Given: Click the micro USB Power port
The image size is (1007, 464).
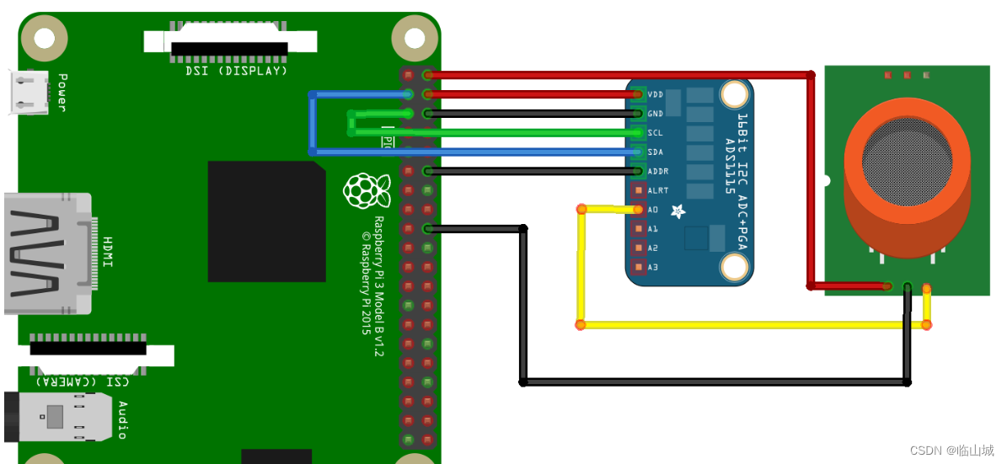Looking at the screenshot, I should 26,92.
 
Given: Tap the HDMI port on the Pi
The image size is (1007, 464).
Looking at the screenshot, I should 46,253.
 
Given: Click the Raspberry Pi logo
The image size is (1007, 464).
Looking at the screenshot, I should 367,190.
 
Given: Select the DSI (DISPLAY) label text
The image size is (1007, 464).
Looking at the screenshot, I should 237,71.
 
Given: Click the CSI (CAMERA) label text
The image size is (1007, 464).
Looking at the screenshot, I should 81,381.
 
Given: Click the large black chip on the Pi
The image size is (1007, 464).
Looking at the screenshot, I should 266,221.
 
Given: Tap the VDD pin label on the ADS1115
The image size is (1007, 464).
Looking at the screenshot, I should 656,94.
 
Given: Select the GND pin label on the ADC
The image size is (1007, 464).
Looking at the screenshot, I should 656,114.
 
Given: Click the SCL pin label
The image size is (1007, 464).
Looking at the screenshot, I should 656,133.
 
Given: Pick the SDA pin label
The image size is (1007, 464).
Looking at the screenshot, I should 656,152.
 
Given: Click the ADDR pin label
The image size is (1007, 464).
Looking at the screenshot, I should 657,171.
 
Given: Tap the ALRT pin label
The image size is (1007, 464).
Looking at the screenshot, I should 657,190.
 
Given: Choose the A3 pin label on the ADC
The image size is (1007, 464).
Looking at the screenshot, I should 652,267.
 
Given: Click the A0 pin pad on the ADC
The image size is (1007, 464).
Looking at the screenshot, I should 638,210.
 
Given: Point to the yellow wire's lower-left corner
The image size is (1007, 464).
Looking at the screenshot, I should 581,324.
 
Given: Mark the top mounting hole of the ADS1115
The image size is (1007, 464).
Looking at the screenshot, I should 736,93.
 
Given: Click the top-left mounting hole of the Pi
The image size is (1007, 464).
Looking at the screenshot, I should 44,38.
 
